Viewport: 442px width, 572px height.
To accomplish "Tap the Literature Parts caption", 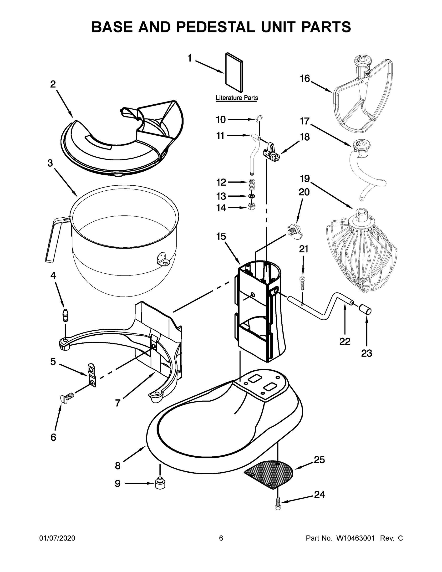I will point(237,98).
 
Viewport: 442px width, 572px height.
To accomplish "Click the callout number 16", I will point(305,79).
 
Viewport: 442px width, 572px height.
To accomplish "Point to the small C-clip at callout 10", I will point(259,119).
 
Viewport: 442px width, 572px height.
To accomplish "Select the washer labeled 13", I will point(252,196).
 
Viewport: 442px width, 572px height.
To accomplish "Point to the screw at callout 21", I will point(303,283).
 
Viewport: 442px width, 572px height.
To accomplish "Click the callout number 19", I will point(305,179).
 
